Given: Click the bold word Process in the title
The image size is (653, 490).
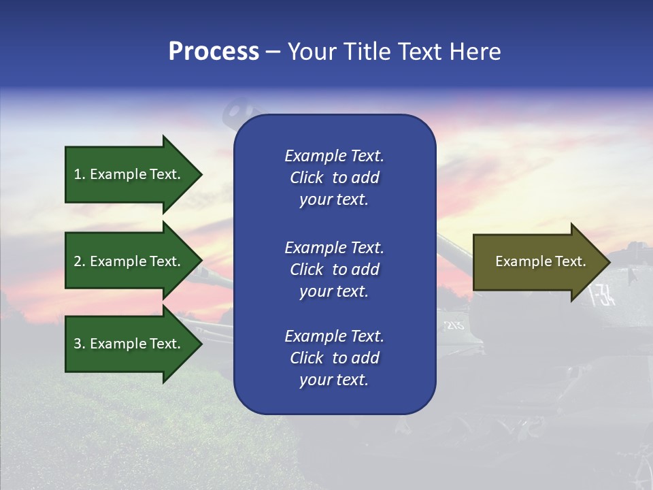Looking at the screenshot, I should (x=214, y=52).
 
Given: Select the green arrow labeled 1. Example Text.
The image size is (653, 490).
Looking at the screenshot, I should (x=129, y=174).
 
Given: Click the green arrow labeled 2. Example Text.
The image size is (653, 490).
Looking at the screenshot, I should (x=129, y=261).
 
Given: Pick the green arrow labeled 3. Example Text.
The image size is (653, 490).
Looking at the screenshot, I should (x=129, y=344).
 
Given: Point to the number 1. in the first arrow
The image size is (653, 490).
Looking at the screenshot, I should (x=80, y=174).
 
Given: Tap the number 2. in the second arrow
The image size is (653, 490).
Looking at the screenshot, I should (x=80, y=261).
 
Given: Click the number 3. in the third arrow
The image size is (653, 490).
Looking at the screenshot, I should (x=80, y=344).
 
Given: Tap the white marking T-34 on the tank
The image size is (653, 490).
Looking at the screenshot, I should (x=602, y=294).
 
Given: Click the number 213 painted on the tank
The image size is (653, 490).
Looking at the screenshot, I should (x=454, y=325).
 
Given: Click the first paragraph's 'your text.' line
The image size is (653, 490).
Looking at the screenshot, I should (x=334, y=200).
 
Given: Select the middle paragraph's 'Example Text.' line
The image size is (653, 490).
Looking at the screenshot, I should (x=334, y=248).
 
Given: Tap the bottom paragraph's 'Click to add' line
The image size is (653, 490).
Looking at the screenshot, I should (x=334, y=358).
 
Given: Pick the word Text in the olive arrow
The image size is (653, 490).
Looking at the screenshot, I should (x=570, y=261).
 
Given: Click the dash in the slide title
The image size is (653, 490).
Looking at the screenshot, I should (x=273, y=52).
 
